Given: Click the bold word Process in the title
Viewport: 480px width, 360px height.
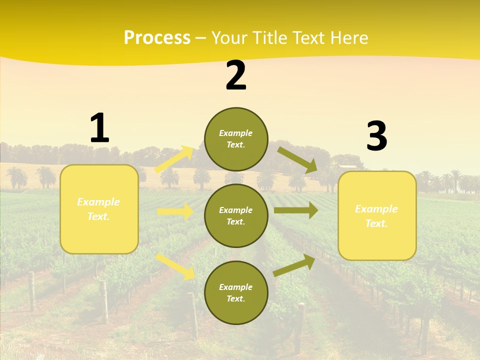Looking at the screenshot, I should [157, 38].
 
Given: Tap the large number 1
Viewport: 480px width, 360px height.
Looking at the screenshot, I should [99, 128].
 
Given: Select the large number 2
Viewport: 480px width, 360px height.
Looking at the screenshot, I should [236, 75].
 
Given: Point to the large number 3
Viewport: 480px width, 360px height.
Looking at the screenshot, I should [376, 136].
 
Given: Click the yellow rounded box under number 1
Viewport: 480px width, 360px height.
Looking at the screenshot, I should [99, 209].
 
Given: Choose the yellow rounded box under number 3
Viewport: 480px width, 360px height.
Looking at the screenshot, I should [377, 216].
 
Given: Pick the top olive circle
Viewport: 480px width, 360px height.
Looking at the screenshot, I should [236, 139].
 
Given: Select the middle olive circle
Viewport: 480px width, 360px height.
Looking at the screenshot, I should [236, 216].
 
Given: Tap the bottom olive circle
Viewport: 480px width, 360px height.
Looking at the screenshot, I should [236, 293].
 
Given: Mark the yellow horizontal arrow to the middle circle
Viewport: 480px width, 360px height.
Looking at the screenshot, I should [175, 211].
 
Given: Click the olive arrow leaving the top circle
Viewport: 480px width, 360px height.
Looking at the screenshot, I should [297, 159].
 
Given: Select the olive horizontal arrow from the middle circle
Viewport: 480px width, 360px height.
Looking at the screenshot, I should [295, 210].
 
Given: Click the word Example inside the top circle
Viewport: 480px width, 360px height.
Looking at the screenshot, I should [236, 133].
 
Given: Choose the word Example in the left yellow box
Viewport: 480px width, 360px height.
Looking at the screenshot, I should [98, 202].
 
